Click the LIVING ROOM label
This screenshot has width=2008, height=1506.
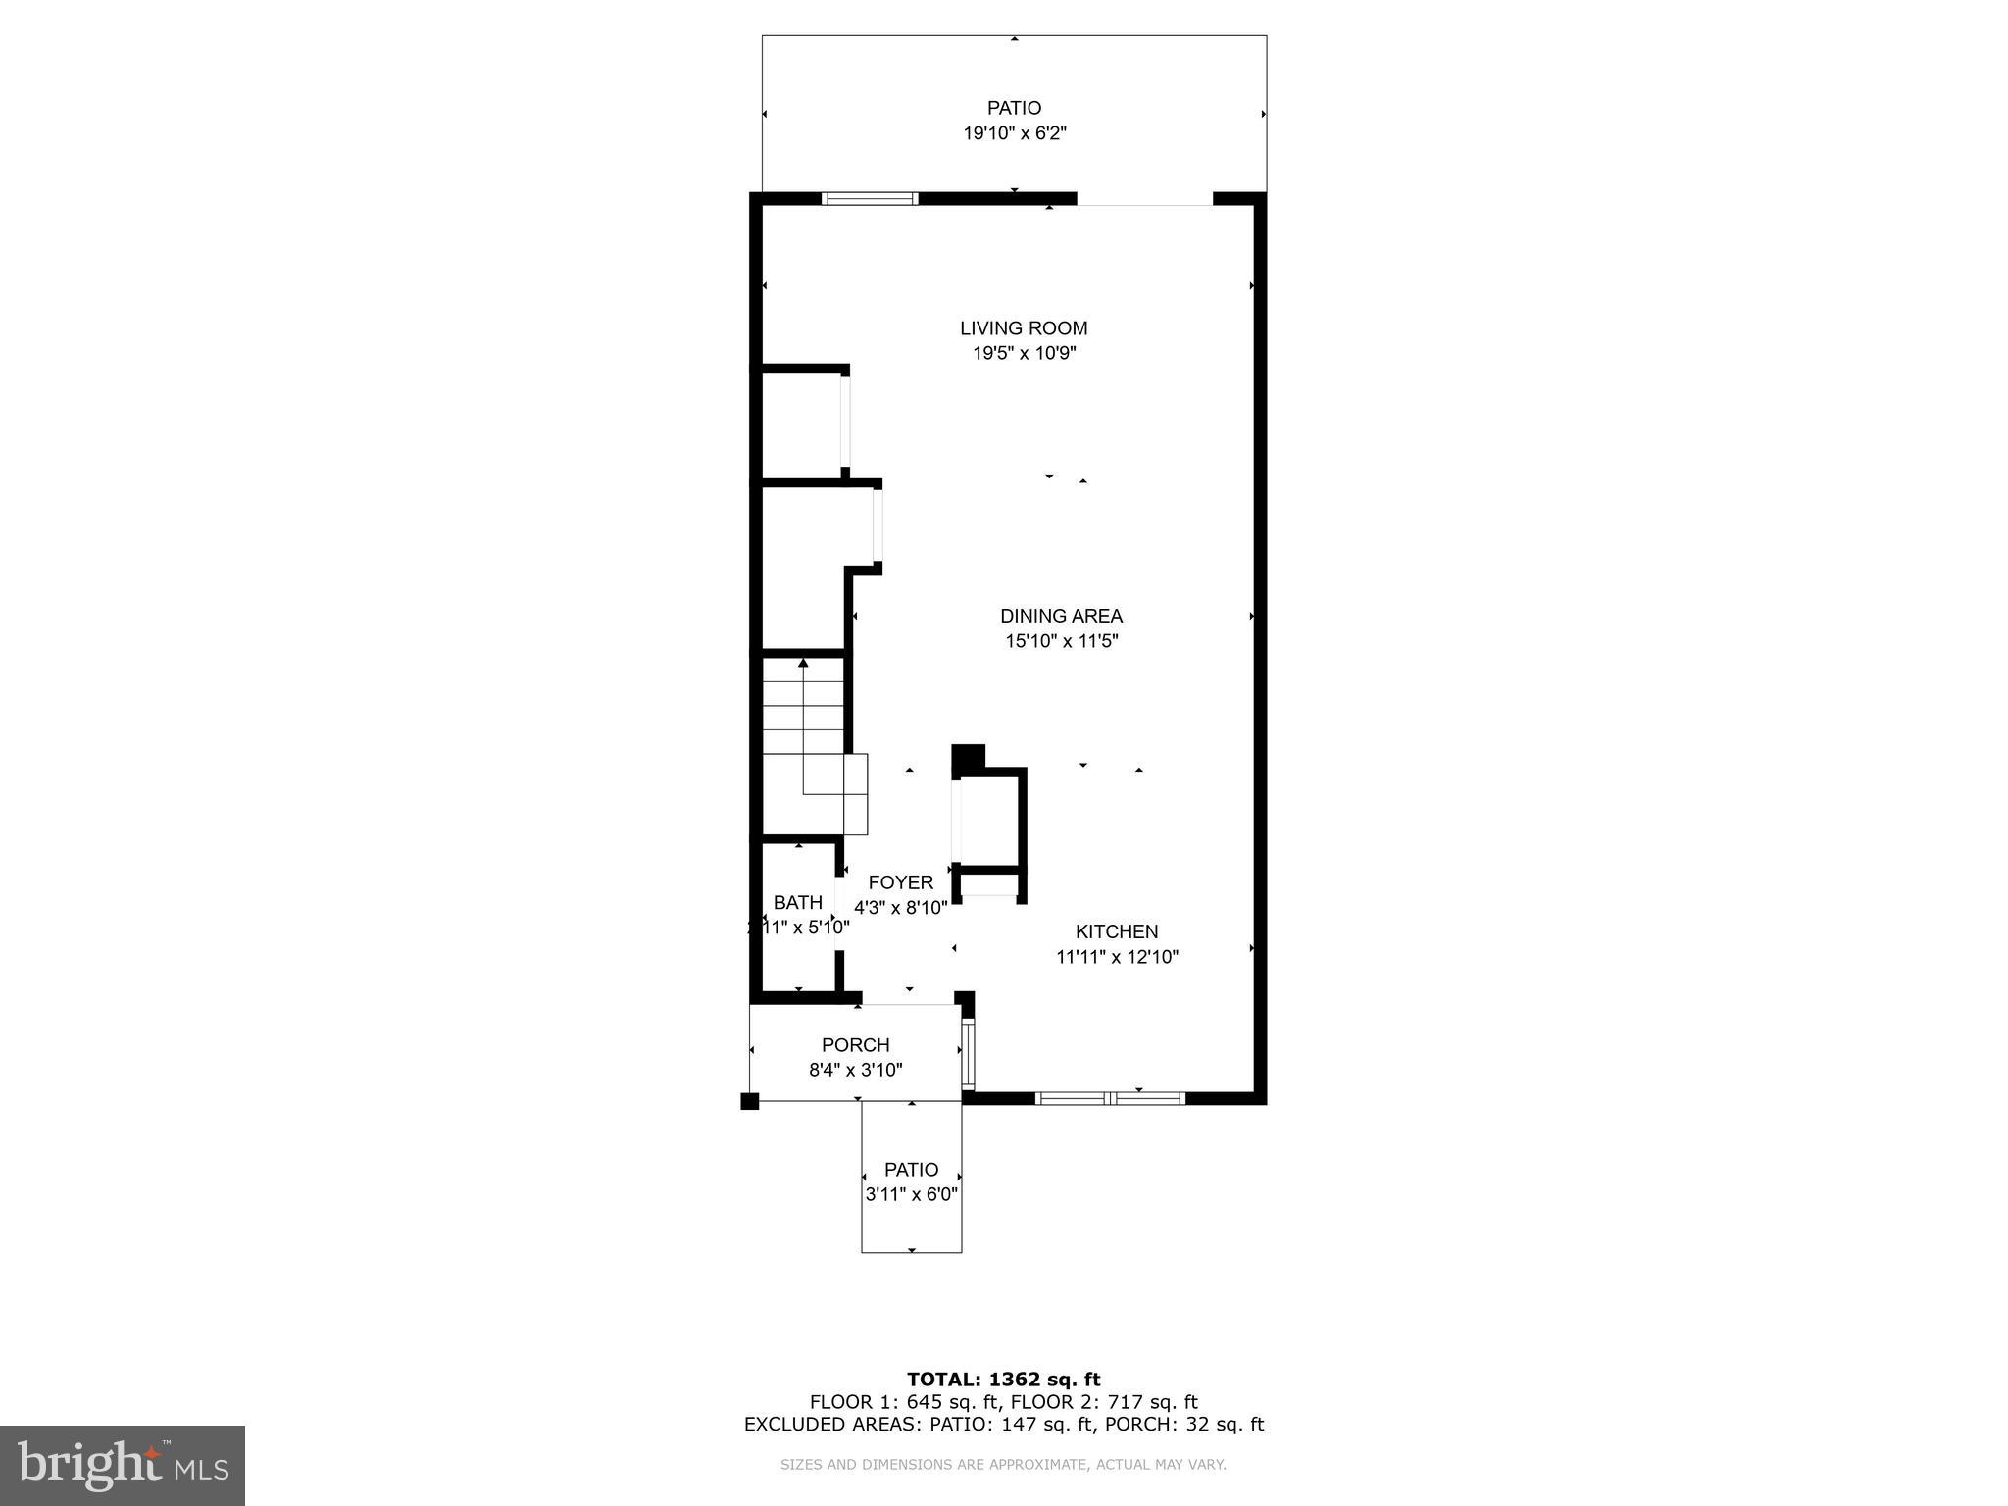[1024, 328]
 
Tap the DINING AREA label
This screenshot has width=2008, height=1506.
[1061, 616]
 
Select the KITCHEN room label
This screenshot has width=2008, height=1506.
[1117, 931]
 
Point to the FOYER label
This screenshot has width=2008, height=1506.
[900, 882]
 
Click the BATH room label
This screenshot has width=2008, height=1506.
[797, 903]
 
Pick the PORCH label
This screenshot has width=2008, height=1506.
[855, 1045]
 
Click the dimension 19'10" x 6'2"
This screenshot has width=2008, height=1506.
[1014, 133]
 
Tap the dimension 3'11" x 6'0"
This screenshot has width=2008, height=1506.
[911, 1194]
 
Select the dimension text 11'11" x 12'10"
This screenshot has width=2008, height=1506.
[1117, 957]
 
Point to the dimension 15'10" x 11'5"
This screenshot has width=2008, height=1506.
[1061, 641]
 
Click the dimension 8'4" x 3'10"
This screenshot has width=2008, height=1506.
[855, 1070]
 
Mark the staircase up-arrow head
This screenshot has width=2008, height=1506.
[803, 664]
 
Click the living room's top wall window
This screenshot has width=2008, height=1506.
[870, 199]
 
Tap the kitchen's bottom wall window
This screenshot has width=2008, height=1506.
[1111, 1098]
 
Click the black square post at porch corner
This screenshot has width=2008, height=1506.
[749, 1101]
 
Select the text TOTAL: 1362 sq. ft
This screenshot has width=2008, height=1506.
[1003, 1380]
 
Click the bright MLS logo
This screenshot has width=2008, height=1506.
[123, 1465]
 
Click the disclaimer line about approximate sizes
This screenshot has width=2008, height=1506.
[1003, 1465]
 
